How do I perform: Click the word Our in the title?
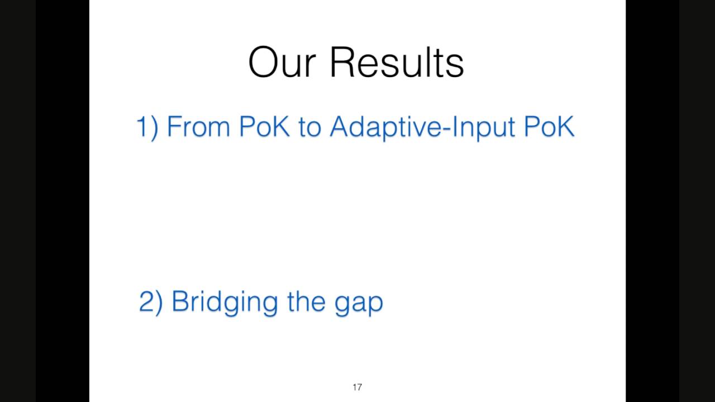click(x=282, y=62)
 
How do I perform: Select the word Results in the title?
click(x=397, y=62)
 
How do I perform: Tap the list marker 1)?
click(x=147, y=127)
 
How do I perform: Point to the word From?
click(x=198, y=127)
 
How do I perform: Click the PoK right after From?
click(x=264, y=127)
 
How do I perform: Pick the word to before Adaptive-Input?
click(x=309, y=127)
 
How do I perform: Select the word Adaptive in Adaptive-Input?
click(x=385, y=128)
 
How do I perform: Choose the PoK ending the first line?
click(x=549, y=127)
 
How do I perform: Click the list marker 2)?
click(x=151, y=302)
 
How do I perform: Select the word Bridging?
click(x=225, y=303)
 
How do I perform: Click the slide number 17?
click(x=357, y=387)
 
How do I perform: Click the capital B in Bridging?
click(x=182, y=301)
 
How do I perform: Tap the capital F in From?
click(x=174, y=127)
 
